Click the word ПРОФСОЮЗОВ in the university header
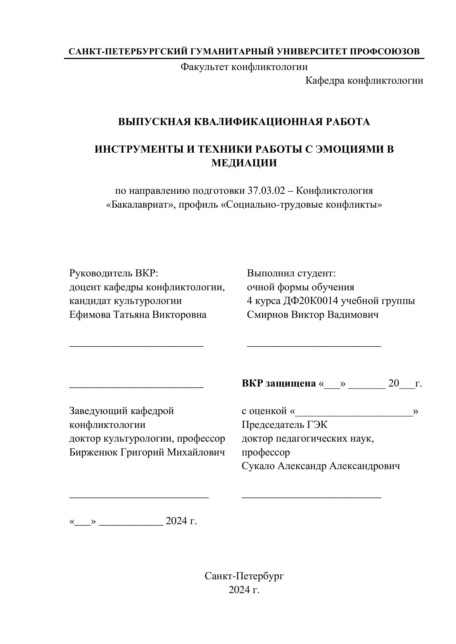point(385,52)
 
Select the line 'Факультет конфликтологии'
point(244,67)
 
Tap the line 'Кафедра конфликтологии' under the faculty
point(364,81)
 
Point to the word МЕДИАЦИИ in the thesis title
point(244,163)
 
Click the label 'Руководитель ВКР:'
point(114,273)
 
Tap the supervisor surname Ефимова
point(90,315)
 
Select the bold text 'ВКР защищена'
point(278,383)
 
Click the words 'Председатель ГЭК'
point(284,425)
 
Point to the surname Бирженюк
point(93,452)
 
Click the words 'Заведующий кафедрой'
point(121,411)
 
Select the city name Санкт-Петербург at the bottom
point(244,576)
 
